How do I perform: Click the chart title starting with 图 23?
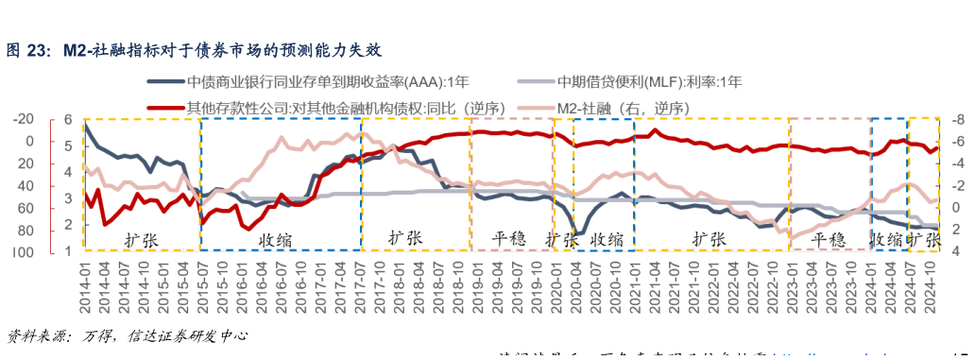195,49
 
